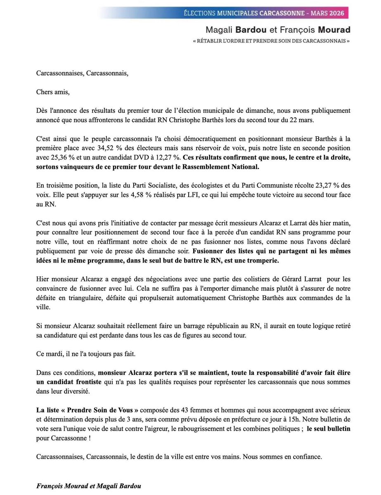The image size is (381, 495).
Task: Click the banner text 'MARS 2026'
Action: point(327,13)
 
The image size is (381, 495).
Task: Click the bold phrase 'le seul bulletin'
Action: point(329,429)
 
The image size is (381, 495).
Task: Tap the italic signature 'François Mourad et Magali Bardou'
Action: point(88,486)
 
